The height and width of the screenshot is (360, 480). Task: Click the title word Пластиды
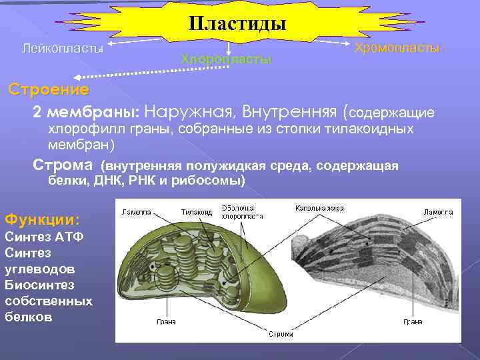[x=237, y=24]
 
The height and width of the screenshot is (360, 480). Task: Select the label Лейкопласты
[x=63, y=49]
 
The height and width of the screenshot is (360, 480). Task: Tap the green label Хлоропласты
[x=227, y=59]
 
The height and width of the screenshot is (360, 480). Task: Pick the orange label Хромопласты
[x=397, y=48]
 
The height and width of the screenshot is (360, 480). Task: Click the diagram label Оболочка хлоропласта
[x=241, y=211]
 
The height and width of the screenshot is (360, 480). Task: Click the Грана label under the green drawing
[x=166, y=321]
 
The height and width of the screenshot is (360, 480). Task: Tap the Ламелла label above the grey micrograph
[x=438, y=212]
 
